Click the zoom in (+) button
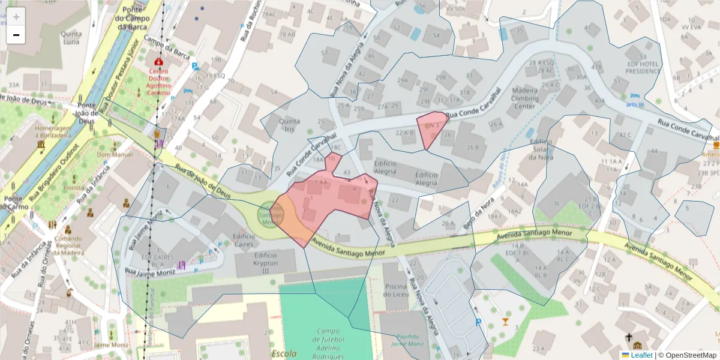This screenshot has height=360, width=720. pyautogui.click(x=16, y=17)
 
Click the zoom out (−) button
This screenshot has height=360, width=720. pyautogui.click(x=16, y=35)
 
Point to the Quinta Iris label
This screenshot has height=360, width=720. pyautogui.click(x=290, y=124)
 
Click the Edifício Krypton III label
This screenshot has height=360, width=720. pyautogui.click(x=266, y=263)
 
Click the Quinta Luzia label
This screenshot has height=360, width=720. pyautogui.click(x=71, y=38)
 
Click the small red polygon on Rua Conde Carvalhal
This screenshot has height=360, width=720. pyautogui.click(x=432, y=127)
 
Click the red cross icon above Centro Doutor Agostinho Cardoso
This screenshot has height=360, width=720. pyautogui.click(x=158, y=62)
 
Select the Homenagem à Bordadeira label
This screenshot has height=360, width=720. pyautogui.click(x=58, y=131)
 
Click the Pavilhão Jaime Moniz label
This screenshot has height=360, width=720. pyautogui.click(x=407, y=340)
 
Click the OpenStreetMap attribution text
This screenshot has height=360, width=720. pyautogui.click(x=687, y=355)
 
